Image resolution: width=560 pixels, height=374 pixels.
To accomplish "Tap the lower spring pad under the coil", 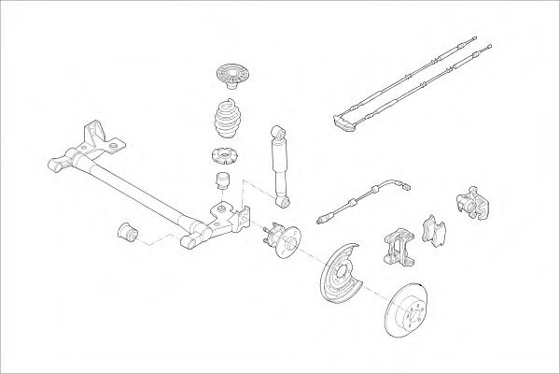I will pos(223,155).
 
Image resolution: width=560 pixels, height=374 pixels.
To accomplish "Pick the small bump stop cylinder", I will pos(224,180).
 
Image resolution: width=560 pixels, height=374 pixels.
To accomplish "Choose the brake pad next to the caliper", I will pos(432,232).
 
